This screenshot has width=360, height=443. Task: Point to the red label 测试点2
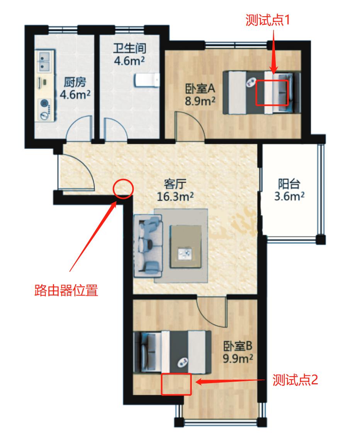coord(295,380)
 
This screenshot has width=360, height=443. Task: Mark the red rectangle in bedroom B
coord(177,384)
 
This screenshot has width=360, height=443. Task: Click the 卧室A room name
coord(199,89)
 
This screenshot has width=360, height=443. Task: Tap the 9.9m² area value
coord(238,358)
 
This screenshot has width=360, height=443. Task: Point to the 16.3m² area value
coord(175,197)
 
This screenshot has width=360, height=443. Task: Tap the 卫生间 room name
coord(129,49)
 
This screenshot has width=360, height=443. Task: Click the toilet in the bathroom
coord(146,80)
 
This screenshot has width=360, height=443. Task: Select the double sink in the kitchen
coord(44,62)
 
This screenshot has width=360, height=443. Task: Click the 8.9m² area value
coord(199,101)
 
